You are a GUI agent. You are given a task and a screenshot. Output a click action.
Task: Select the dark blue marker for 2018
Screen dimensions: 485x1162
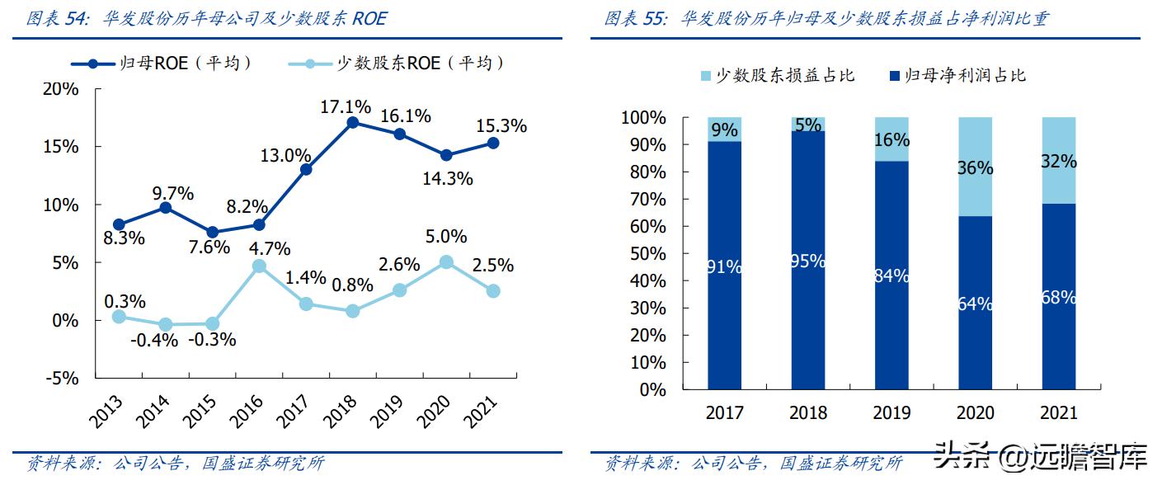(353, 123)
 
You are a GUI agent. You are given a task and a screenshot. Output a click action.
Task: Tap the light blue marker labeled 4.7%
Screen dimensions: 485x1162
(259, 266)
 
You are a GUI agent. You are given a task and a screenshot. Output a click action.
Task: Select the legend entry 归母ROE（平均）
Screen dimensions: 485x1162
(161, 63)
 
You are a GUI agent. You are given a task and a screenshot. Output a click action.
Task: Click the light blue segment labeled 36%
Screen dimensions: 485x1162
(975, 167)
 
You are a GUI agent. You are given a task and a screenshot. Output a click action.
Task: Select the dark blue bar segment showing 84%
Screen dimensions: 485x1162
(891, 275)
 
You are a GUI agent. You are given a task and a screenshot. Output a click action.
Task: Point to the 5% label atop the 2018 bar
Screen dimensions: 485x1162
(808, 125)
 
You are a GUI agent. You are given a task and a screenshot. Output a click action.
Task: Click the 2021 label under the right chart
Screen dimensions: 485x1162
(1059, 412)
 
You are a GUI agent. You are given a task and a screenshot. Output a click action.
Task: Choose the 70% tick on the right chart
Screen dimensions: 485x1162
(648, 200)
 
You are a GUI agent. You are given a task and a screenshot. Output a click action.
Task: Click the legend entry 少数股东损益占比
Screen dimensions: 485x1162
(775, 76)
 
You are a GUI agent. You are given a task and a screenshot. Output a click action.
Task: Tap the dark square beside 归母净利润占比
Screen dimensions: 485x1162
(894, 76)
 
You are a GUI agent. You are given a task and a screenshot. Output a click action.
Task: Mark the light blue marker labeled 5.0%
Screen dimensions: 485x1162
(446, 262)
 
